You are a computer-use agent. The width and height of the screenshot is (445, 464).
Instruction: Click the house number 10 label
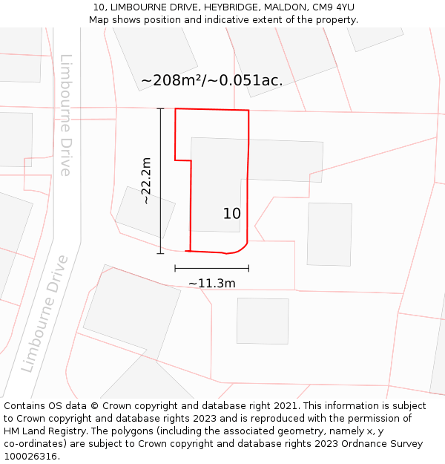[x=231, y=214]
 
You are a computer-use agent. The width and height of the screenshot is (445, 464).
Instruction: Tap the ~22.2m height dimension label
[x=146, y=180]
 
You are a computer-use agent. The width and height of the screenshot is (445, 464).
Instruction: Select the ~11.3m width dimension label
[x=211, y=283]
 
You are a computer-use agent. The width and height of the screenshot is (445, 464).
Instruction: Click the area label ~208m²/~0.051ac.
[x=211, y=80]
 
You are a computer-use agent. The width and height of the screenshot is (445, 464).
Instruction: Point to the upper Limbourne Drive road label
[x=66, y=115]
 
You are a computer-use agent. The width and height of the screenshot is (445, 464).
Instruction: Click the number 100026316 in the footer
[x=30, y=456]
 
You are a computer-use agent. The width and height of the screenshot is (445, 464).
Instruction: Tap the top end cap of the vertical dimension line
[x=160, y=108]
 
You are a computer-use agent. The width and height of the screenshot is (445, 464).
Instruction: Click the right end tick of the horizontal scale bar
[x=248, y=268]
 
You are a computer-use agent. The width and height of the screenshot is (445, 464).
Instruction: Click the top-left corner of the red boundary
[x=175, y=109]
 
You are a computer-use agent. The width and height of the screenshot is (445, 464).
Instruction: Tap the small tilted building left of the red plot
[x=145, y=212]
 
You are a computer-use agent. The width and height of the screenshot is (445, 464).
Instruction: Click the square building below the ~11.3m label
[x=263, y=321]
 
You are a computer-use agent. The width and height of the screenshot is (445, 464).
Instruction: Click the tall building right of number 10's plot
[x=329, y=234]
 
